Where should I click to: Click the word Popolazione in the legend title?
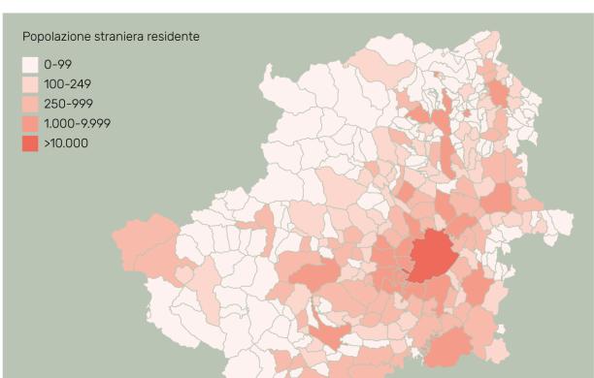click(53, 37)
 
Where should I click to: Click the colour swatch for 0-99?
click(30, 65)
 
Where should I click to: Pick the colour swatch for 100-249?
click(30, 84)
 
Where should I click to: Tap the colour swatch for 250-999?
click(30, 105)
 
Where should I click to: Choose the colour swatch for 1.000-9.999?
click(30, 124)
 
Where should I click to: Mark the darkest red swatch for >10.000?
click(30, 144)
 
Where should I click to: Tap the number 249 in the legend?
click(79, 84)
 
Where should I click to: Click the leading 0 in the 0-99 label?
click(48, 65)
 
